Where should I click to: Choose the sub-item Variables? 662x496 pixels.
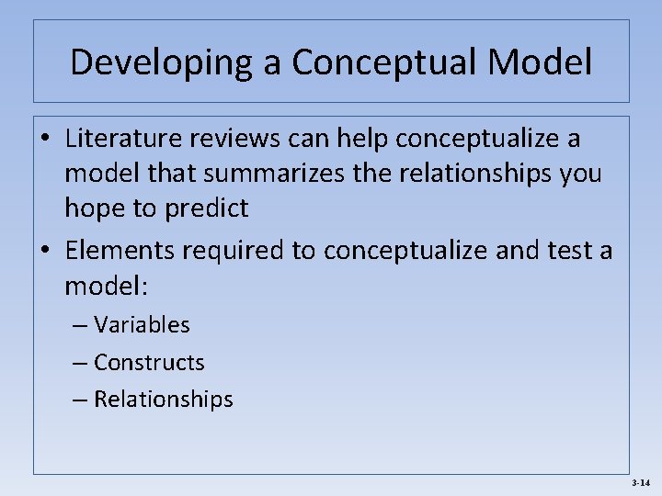pyautogui.click(x=142, y=325)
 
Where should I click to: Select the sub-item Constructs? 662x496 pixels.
pyautogui.click(x=149, y=363)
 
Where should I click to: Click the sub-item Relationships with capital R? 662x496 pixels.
pyautogui.click(x=164, y=400)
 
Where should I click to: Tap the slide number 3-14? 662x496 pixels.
pyautogui.click(x=641, y=482)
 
